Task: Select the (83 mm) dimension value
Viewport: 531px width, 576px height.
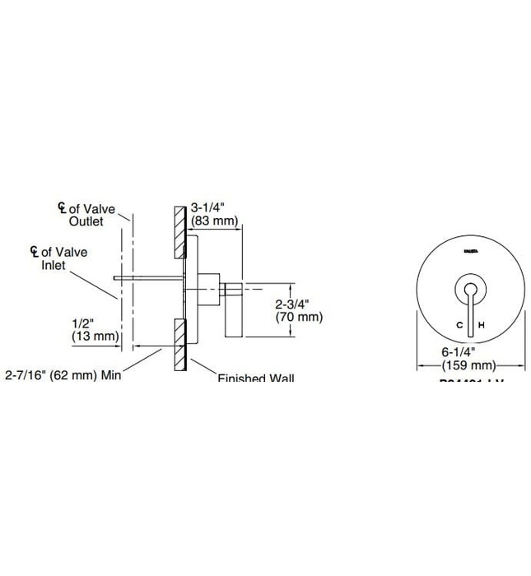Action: pos(214,221)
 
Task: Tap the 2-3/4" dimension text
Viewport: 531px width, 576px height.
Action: pos(292,304)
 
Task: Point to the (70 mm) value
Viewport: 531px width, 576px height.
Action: pos(298,317)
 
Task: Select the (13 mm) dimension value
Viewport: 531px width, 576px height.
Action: pos(96,337)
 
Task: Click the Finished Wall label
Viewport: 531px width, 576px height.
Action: pos(256,378)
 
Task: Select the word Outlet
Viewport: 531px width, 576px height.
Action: pos(86,222)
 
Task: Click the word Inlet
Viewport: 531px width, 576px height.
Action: pos(54,266)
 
